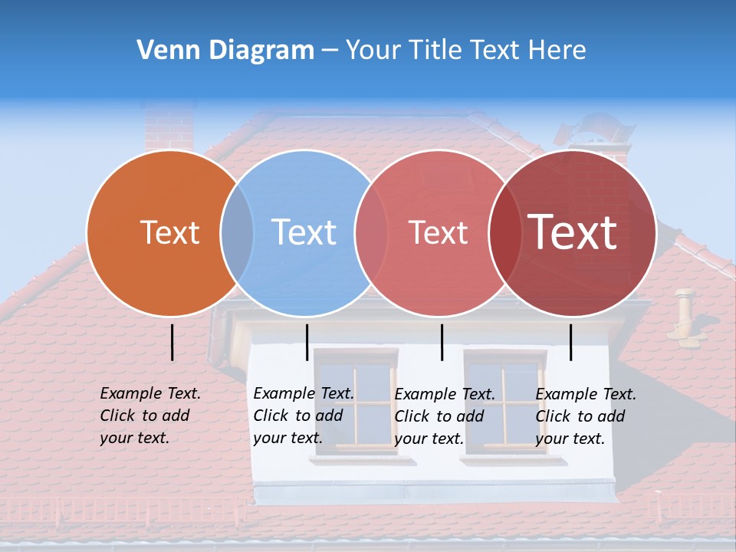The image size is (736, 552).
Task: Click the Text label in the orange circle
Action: (x=169, y=233)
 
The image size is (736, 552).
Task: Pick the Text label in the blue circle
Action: (x=304, y=233)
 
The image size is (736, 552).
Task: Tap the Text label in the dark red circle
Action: (x=573, y=232)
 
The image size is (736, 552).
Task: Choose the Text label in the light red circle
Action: (x=438, y=233)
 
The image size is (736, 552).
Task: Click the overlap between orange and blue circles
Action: (x=237, y=233)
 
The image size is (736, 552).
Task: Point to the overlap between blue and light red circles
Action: (x=371, y=233)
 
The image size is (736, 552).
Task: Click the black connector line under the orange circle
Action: (x=172, y=342)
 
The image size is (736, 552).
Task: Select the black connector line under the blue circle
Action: (x=307, y=342)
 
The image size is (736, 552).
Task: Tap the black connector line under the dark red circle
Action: (x=570, y=342)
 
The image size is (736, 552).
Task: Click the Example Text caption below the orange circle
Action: (x=149, y=416)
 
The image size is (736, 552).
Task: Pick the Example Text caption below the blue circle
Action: (x=303, y=416)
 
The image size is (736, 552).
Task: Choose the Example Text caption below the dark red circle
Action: (x=585, y=416)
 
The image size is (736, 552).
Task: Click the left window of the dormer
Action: (x=356, y=401)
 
